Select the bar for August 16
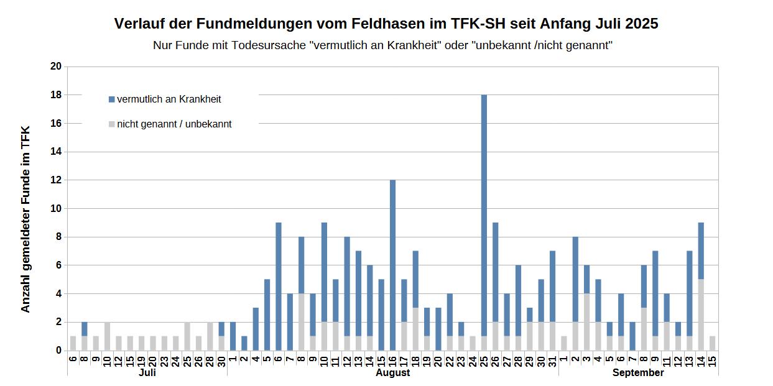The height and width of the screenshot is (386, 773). [x=393, y=264]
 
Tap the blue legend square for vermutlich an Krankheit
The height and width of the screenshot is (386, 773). [x=112, y=99]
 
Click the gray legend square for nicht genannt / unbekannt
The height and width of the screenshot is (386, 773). [x=112, y=124]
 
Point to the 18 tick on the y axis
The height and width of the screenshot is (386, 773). [x=57, y=95]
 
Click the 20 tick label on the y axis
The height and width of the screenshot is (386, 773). [x=57, y=67]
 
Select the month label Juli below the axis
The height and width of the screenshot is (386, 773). [x=147, y=373]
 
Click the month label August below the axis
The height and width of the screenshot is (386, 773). [x=393, y=373]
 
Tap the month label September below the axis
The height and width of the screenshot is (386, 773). [x=638, y=373]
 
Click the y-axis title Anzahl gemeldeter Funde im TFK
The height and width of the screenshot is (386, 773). [x=25, y=219]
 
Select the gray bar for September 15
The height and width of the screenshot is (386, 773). [x=713, y=343]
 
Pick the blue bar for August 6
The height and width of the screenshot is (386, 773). [x=279, y=286]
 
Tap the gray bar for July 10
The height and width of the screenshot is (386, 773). [x=108, y=336]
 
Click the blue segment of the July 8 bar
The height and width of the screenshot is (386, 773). [x=85, y=329]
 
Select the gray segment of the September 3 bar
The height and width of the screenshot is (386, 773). [x=587, y=322]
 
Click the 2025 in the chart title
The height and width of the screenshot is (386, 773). [x=642, y=24]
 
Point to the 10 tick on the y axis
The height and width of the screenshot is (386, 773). [x=57, y=209]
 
